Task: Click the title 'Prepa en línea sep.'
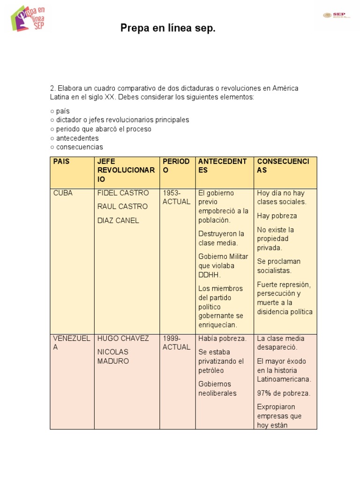[x=168, y=29]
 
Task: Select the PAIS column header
[x=61, y=161]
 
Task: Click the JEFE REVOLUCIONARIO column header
[x=126, y=170]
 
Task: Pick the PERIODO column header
[x=176, y=165]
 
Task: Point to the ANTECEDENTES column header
[x=222, y=165]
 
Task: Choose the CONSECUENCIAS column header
[x=283, y=165]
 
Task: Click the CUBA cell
[x=63, y=193]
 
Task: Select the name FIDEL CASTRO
[x=123, y=193]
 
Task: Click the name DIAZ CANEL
[x=118, y=220]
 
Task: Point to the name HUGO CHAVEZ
[x=123, y=338]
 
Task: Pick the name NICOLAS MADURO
[x=113, y=356]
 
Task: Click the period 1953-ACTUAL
[x=176, y=197]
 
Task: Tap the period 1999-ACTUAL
[x=176, y=343]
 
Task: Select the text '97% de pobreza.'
[x=284, y=393]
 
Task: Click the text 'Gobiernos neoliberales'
[x=217, y=389]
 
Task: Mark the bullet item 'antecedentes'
[x=77, y=138]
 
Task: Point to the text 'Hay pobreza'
[x=277, y=216]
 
